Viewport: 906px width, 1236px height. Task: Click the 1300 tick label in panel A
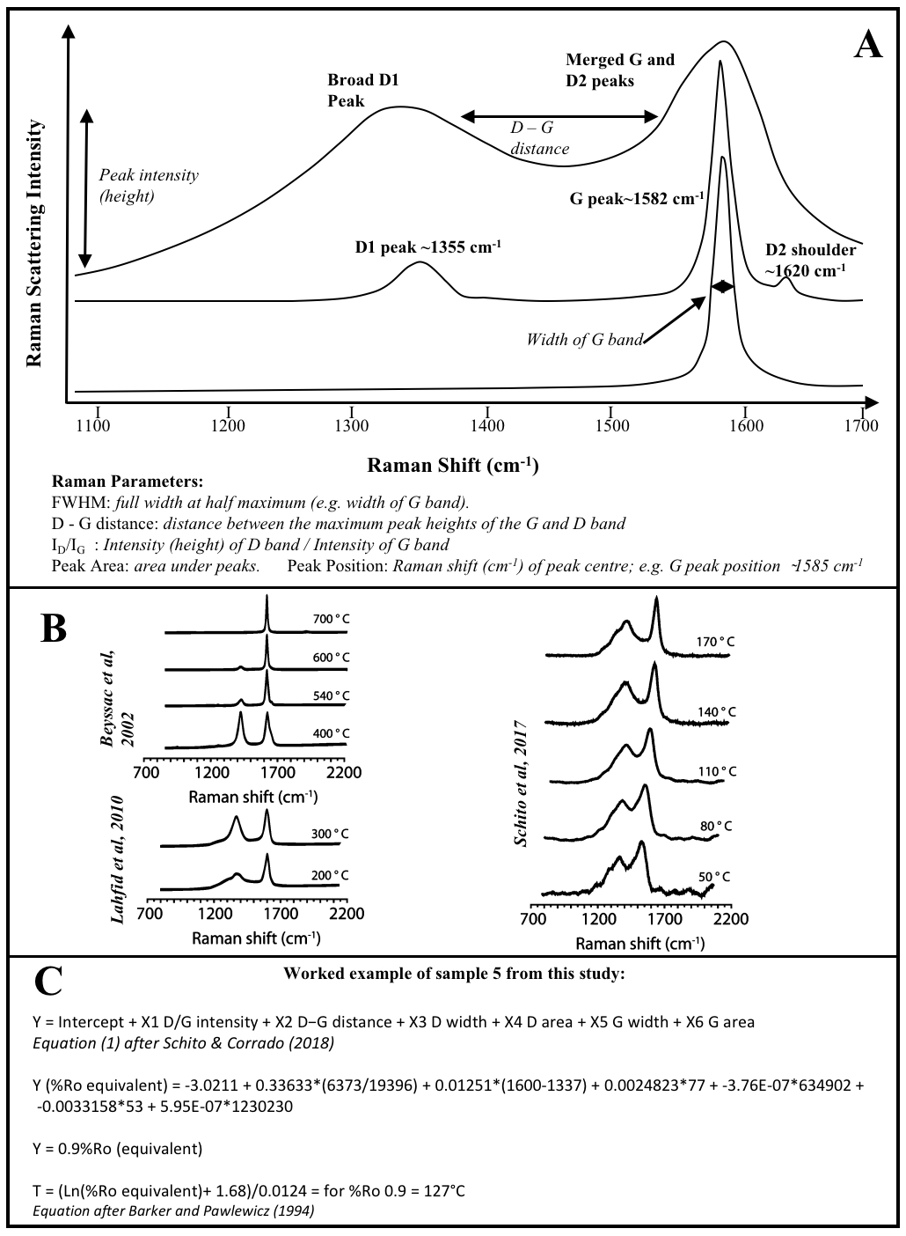(x=352, y=426)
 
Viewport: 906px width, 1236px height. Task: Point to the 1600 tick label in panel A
(x=745, y=426)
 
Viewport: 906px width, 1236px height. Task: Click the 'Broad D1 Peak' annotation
(x=363, y=91)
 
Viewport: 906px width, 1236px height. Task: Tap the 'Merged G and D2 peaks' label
(x=620, y=70)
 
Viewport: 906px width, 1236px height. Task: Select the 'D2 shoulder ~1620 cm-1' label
(x=809, y=260)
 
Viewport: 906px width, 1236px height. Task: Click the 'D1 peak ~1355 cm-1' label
(x=427, y=247)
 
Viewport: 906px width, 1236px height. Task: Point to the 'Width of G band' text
(x=584, y=339)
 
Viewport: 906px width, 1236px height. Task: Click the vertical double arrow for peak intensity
(x=85, y=188)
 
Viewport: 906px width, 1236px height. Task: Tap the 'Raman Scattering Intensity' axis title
(x=34, y=243)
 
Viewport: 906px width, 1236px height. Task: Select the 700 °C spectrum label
(x=331, y=619)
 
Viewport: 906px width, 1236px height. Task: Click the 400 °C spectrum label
(x=331, y=732)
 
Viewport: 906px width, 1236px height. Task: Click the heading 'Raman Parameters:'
(x=128, y=482)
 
